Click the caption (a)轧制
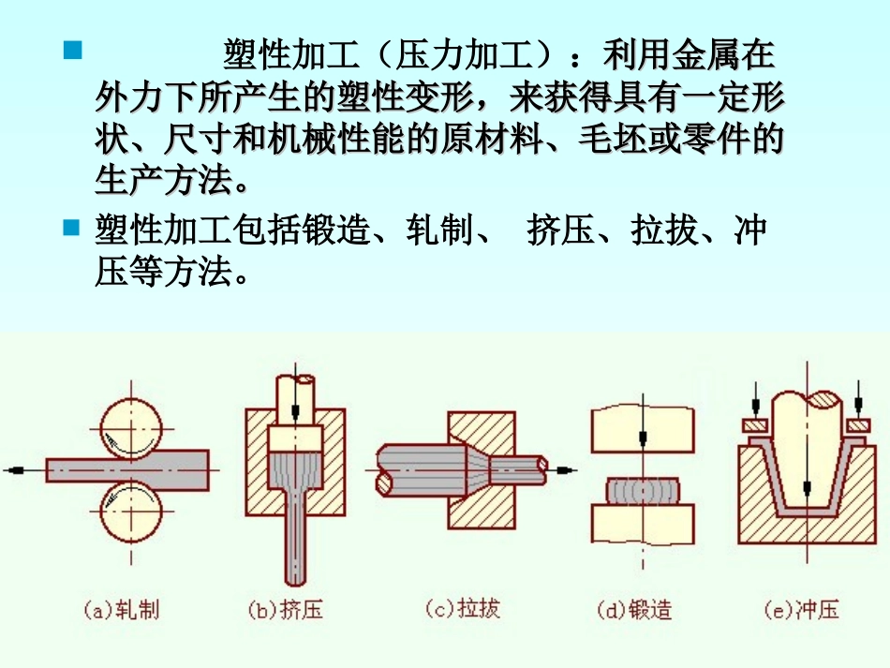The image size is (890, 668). point(122,611)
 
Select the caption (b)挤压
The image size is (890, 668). point(286,611)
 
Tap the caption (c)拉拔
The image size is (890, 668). point(463,609)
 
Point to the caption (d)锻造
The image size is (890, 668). point(634,611)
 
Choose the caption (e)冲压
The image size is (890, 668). point(801,611)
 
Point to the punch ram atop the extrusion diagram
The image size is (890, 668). point(294,398)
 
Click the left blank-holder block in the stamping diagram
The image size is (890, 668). point(754,427)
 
